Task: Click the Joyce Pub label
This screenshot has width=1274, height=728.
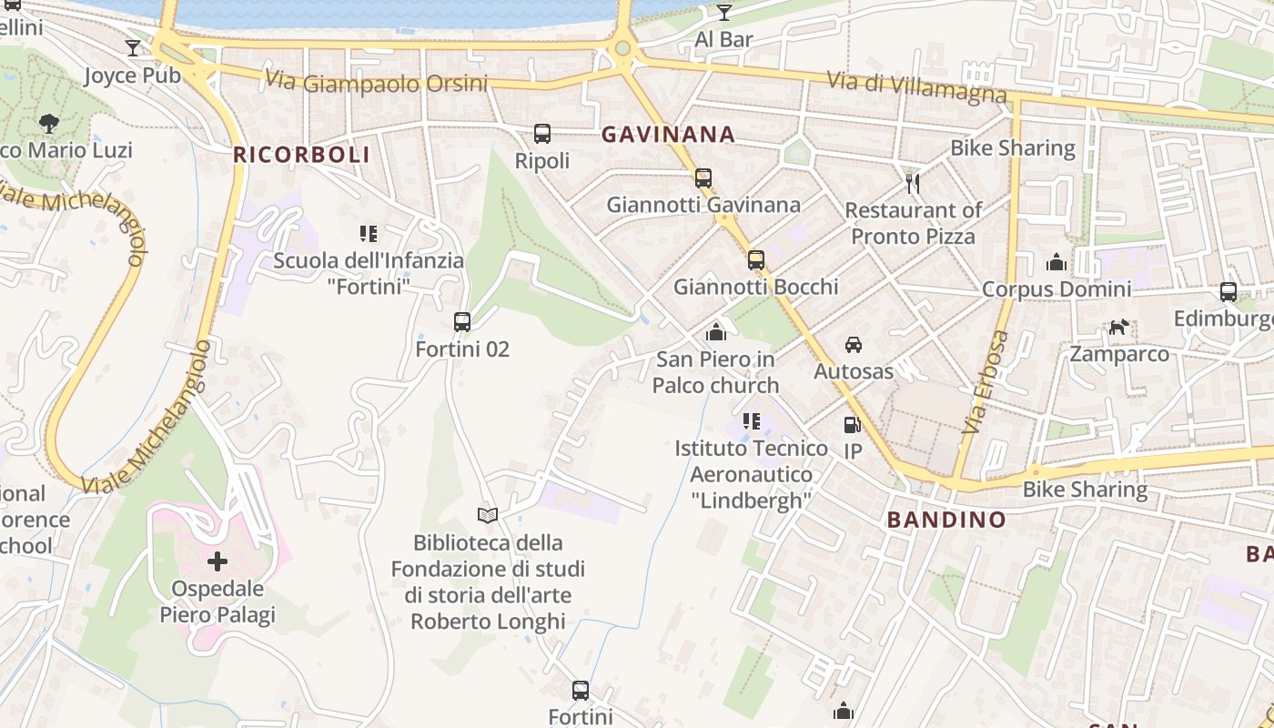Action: [133, 75]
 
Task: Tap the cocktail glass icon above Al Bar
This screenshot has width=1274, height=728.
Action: [723, 12]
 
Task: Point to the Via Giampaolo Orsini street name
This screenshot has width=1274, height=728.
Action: [377, 83]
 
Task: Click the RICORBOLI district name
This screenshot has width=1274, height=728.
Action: [301, 155]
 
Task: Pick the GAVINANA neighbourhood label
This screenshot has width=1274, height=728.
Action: [668, 135]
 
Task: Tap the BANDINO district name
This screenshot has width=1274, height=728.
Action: [946, 521]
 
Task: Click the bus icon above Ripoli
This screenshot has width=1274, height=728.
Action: [542, 134]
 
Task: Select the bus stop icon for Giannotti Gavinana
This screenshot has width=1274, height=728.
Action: [703, 177]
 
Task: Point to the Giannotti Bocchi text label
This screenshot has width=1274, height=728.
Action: [755, 287]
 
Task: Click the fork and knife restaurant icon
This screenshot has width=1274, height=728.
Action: [913, 183]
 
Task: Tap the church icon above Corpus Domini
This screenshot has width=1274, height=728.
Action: [1057, 262]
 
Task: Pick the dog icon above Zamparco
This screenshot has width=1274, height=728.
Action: [1118, 327]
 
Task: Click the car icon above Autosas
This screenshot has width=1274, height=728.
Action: [854, 344]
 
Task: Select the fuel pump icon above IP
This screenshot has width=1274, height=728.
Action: [852, 424]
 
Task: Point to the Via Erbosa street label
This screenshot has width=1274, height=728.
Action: [985, 381]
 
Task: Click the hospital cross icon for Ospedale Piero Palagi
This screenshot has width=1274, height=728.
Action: [217, 561]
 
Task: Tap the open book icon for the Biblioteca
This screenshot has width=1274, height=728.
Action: [488, 515]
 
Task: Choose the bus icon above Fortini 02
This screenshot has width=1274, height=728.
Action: [462, 321]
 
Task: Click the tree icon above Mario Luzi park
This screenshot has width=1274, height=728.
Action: [49, 122]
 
